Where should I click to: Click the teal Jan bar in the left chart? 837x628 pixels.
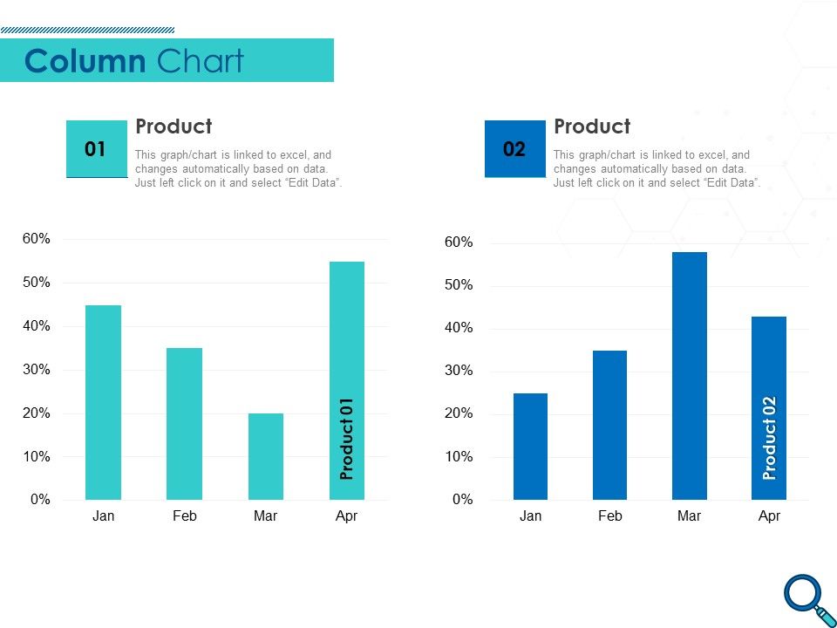click(x=103, y=402)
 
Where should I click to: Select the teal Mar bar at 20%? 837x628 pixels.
click(x=265, y=456)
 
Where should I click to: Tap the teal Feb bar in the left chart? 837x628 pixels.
click(x=184, y=424)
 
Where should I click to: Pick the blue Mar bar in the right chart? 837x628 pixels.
click(x=689, y=376)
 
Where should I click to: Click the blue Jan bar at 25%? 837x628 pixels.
click(x=530, y=447)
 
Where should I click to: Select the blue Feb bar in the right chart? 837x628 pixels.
click(x=609, y=425)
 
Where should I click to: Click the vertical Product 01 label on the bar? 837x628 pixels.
click(x=347, y=439)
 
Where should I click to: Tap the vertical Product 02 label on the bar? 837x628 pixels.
click(x=769, y=438)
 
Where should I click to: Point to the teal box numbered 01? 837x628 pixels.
click(x=96, y=149)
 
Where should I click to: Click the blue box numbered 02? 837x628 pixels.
click(x=514, y=149)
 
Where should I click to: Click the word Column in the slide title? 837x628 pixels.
click(x=85, y=62)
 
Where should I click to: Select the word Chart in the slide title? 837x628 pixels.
click(x=201, y=62)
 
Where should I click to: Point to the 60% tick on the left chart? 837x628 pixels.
click(x=36, y=239)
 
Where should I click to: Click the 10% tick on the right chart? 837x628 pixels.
click(x=458, y=457)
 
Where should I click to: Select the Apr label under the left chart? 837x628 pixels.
click(x=347, y=516)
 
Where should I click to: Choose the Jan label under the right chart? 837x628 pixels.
click(x=530, y=516)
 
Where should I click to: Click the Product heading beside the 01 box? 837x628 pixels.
click(x=174, y=126)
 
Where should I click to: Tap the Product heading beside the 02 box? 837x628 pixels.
click(x=592, y=126)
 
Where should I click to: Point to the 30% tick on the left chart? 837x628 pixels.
click(x=36, y=370)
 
